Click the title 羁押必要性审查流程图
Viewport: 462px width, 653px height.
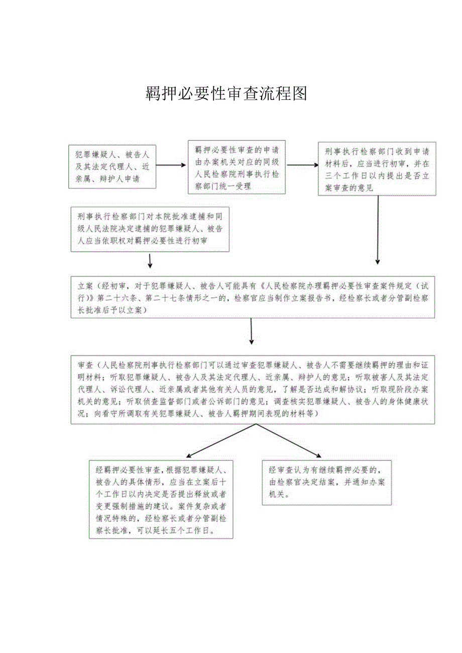tap(226, 93)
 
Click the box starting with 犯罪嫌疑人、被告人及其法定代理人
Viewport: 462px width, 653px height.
tap(112, 166)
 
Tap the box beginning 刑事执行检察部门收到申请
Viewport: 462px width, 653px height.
tap(377, 169)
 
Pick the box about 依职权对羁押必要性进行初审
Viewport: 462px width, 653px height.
tap(150, 229)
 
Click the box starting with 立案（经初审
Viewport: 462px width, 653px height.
tap(253, 297)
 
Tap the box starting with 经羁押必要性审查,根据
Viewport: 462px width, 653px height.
tap(161, 500)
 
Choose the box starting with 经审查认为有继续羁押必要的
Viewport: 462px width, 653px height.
tap(326, 482)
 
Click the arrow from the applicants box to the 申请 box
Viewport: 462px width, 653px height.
tap(171, 165)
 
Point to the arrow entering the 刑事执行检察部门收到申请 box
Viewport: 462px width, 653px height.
tap(302, 165)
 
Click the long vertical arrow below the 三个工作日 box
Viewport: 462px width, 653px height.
tap(378, 229)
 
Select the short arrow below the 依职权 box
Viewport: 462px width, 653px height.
tap(150, 260)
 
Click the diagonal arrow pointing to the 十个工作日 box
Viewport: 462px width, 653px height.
tap(221, 441)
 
